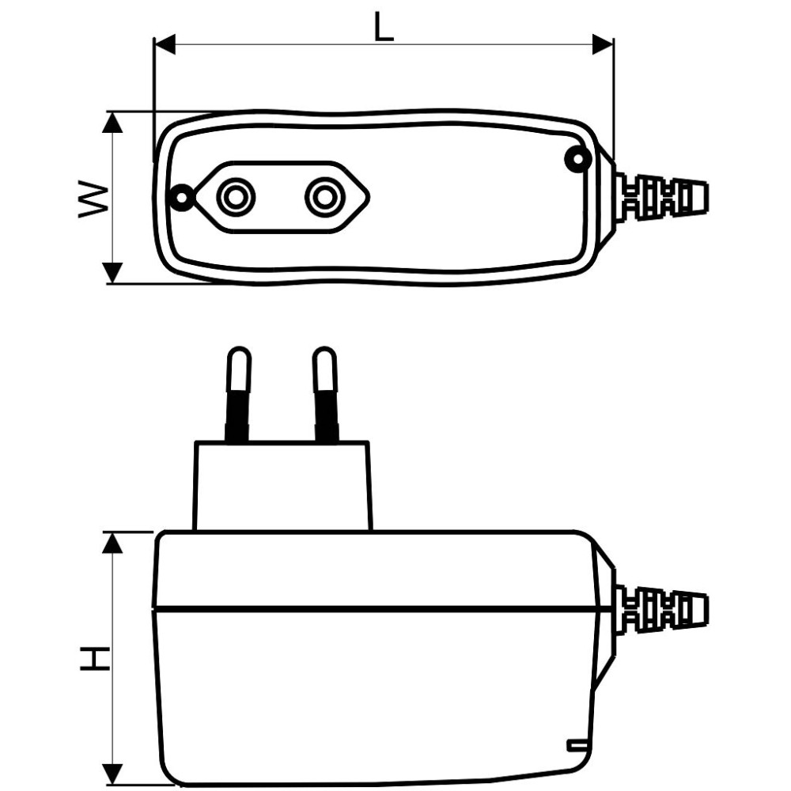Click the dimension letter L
pos(384,26)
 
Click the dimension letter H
pos(96,658)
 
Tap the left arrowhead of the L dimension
pos(165,44)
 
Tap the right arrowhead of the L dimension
pos(603,44)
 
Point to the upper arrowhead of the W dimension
pos(112,122)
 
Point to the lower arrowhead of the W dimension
pos(112,273)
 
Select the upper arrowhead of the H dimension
pos(112,543)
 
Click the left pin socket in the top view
pos(236,197)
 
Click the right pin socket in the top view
pos(324,197)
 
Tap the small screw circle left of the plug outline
pos(180,197)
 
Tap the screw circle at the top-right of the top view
pos(578,158)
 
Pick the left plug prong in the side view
pos(238,393)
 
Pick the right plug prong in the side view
pos(325,393)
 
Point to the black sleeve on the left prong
pos(237,416)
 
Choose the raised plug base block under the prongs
pos(282,486)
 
